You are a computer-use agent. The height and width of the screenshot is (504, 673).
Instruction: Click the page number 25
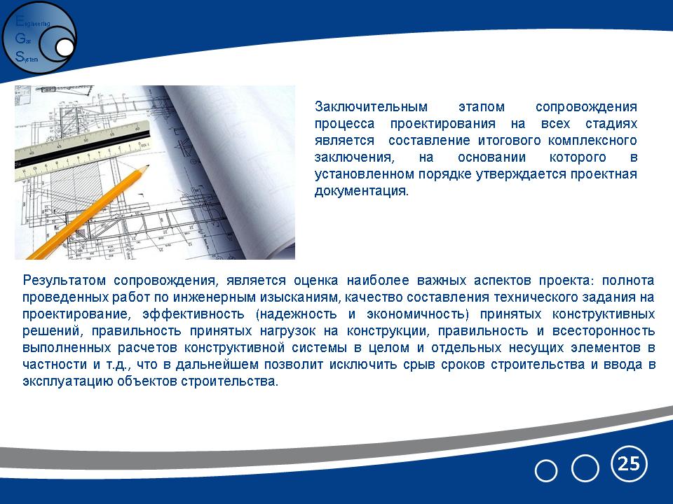tap(629, 463)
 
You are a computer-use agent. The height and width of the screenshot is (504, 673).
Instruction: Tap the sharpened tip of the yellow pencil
tap(148, 166)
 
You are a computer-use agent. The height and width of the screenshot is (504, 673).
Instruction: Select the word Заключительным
tap(371, 106)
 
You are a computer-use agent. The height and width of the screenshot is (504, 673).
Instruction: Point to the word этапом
tap(481, 106)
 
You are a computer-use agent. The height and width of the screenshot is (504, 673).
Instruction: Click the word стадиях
tap(611, 124)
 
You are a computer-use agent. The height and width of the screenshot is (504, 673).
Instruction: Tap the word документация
tap(362, 191)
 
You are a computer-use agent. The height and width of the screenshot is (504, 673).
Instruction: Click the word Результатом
tap(64, 281)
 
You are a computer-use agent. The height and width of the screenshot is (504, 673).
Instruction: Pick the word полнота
tap(628, 281)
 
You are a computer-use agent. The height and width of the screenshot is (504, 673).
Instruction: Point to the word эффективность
tap(193, 314)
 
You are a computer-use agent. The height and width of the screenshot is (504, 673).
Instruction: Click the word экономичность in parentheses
tap(416, 314)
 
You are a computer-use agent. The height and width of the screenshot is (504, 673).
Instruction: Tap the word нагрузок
tap(287, 331)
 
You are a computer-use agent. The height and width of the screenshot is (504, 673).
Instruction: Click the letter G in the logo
tap(20, 38)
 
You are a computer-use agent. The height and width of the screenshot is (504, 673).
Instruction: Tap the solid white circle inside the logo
tap(64, 48)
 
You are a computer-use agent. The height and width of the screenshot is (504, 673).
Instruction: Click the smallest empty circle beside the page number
tap(546, 471)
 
